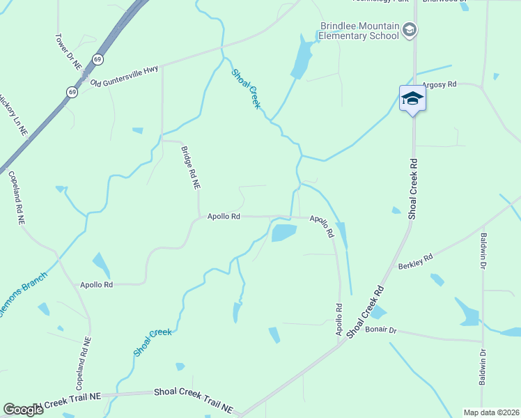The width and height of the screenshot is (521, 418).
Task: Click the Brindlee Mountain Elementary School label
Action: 359,31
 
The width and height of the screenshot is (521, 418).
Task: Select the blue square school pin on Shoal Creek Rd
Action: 412,99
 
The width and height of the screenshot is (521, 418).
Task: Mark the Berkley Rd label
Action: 415,261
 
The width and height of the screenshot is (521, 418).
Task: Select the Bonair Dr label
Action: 380,330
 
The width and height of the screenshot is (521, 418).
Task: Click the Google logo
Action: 23,410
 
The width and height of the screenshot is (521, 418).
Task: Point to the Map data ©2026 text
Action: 491,412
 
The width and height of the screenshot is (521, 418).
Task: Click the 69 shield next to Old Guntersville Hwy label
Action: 72,91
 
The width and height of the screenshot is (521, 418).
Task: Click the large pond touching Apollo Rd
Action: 283,232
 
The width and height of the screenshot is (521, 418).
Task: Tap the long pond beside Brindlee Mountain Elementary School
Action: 302,58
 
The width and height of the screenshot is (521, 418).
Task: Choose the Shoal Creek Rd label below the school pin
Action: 412,188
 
